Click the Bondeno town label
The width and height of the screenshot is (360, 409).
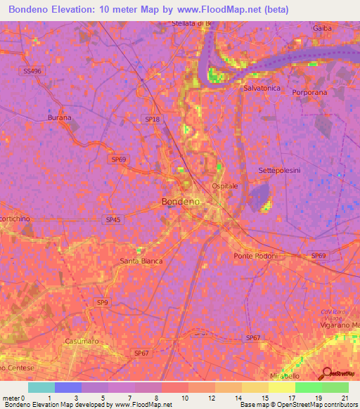[181, 202]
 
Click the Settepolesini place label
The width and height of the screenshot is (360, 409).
[279, 171]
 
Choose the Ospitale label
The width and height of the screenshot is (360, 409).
[225, 186]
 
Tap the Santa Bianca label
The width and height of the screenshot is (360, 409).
[141, 261]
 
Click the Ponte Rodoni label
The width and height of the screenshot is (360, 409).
[257, 256]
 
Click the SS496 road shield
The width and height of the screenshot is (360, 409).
[32, 71]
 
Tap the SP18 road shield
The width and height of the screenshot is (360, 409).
[151, 119]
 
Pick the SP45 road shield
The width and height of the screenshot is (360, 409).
[113, 220]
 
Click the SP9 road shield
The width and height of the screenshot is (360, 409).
[103, 302]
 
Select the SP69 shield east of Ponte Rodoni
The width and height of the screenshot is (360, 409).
[319, 256]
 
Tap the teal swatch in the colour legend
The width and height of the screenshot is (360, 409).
[41, 387]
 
